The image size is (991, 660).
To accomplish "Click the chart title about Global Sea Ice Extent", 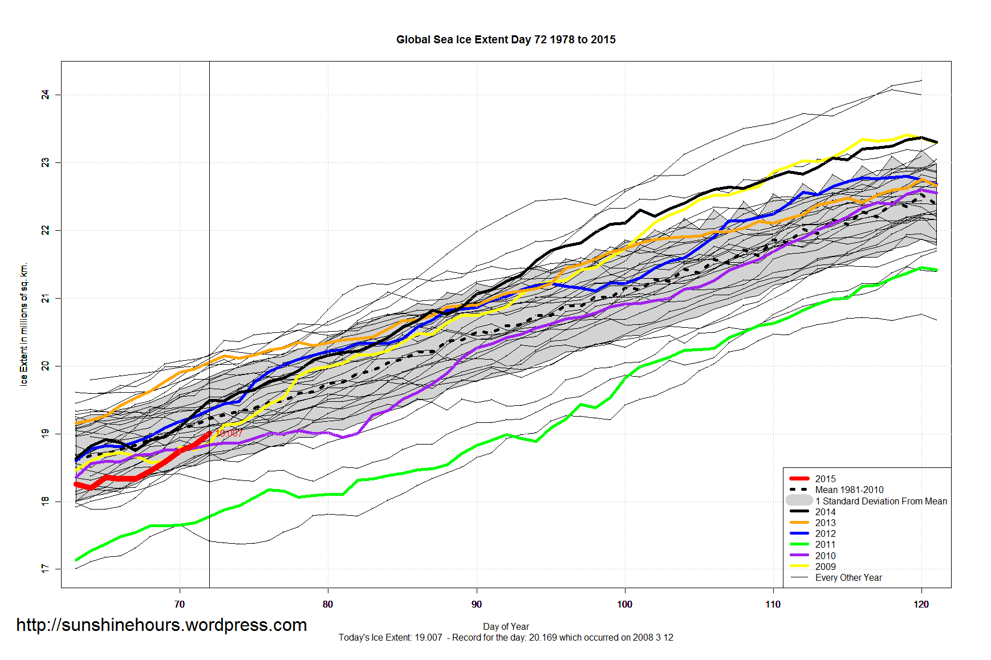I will click(x=506, y=40).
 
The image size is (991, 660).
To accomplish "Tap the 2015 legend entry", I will click(x=825, y=479).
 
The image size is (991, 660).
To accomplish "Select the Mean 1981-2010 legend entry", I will click(x=849, y=490).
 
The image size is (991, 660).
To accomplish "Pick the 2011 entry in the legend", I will click(x=825, y=544).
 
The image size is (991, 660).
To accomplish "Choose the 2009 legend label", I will click(x=825, y=567).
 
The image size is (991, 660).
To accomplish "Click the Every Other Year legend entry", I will click(x=848, y=577).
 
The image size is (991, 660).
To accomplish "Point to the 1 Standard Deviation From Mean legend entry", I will click(x=881, y=501).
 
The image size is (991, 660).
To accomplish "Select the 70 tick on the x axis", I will click(x=180, y=604).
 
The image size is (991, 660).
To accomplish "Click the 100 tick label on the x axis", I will click(x=624, y=604).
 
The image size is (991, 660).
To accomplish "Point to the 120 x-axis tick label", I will click(x=921, y=604).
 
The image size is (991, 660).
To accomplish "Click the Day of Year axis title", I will click(x=506, y=626).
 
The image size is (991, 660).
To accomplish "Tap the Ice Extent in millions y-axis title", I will click(x=24, y=324).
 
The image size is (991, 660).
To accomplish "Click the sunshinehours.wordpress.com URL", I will click(x=161, y=625).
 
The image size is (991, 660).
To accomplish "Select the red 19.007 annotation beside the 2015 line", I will click(x=229, y=434).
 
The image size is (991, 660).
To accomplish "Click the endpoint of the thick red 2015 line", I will click(x=209, y=434).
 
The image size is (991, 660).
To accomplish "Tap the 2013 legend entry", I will click(x=825, y=523).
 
